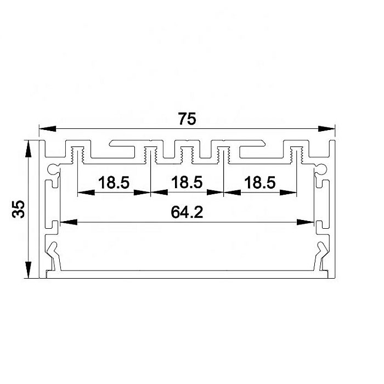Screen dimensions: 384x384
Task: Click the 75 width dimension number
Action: pos(187,119)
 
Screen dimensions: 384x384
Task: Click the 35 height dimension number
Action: pos(18,209)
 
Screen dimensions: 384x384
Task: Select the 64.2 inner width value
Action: pos(187,212)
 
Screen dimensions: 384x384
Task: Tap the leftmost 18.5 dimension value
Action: pos(114,183)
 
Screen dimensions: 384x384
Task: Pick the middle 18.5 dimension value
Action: pos(187,183)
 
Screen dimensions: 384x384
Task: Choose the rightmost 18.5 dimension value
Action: pos(260,183)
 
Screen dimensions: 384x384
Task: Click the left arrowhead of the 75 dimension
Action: pos(48,129)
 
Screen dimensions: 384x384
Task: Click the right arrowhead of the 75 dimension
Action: pos(326,128)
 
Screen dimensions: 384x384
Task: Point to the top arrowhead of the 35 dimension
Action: pos(29,149)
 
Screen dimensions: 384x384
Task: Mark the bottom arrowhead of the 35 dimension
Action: pos(29,270)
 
